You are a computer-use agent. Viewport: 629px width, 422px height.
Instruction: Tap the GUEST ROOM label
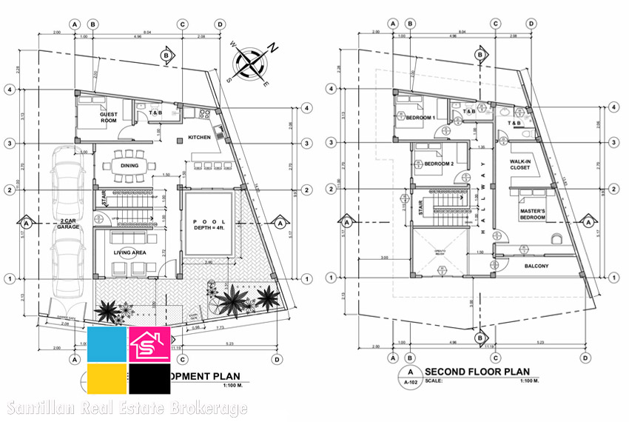click(x=109, y=118)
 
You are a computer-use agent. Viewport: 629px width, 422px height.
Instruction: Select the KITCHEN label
click(x=199, y=138)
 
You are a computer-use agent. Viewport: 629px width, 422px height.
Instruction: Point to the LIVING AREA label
click(x=129, y=253)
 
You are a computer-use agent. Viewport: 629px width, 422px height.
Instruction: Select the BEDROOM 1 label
click(x=420, y=118)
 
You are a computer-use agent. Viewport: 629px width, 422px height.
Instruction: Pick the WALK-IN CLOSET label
click(x=522, y=164)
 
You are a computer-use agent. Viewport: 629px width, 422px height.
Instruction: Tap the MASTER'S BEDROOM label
click(x=531, y=215)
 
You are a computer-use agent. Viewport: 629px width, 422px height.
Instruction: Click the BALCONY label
click(x=536, y=266)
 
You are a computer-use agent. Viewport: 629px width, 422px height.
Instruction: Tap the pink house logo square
click(x=149, y=344)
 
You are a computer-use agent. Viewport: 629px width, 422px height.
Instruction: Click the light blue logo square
click(x=107, y=344)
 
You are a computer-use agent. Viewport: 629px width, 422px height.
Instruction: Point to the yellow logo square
click(x=107, y=378)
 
